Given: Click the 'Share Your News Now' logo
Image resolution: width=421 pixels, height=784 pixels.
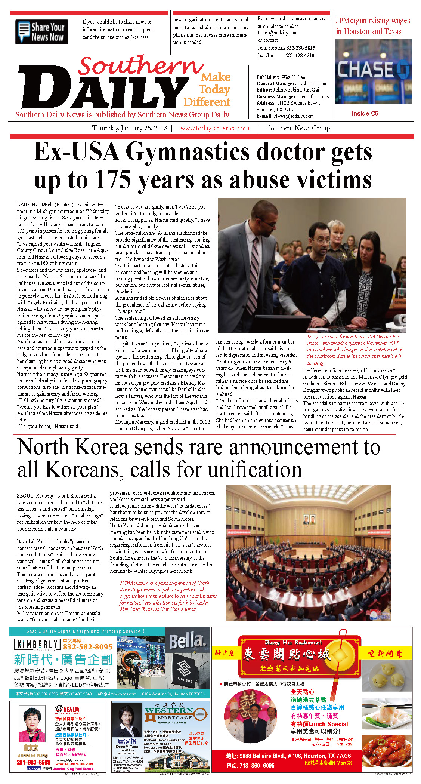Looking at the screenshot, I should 41,32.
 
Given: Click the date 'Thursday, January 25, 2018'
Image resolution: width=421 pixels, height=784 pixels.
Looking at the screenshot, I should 130,128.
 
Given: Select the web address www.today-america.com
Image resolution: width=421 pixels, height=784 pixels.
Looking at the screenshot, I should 214,128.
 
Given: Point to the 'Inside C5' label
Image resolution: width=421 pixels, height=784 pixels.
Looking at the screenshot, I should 365,113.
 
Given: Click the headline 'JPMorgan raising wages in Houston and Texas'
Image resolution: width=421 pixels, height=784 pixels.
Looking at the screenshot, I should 372,26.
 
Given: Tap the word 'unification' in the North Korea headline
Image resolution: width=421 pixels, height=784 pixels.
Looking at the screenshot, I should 254,469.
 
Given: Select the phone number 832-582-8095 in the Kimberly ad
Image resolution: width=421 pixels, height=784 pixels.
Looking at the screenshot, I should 87,647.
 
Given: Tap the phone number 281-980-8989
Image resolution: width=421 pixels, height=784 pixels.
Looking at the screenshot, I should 34,762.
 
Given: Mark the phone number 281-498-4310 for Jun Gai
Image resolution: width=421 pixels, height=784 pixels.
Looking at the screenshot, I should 300,55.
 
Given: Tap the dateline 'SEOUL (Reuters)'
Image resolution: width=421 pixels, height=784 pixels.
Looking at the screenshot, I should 35,496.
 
